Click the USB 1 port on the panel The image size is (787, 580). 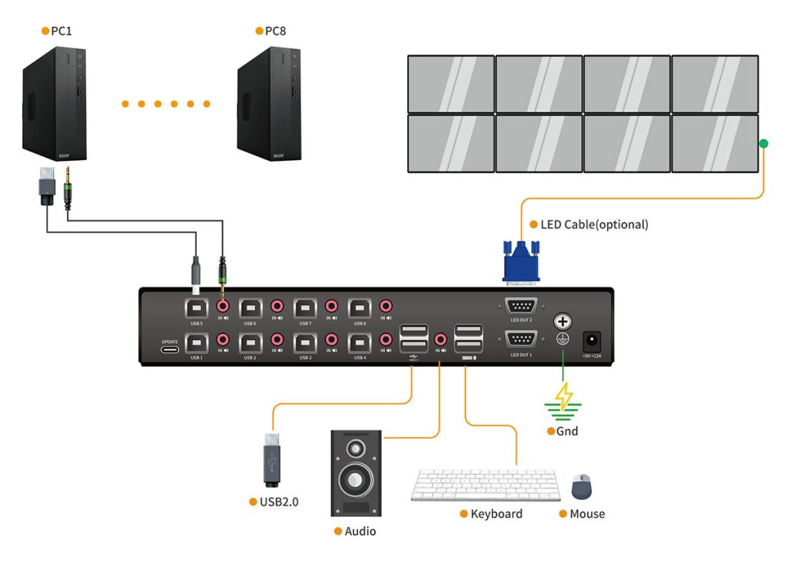point(197,341)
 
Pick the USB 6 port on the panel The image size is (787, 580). point(251,308)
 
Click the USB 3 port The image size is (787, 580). point(305,341)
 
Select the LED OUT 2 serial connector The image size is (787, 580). point(521,305)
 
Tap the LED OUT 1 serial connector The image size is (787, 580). point(521,339)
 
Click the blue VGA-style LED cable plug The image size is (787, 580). point(521,262)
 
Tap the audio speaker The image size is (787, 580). point(355,472)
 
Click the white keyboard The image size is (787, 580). point(486,485)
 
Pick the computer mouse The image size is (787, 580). point(583,486)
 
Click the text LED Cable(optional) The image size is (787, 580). point(594,225)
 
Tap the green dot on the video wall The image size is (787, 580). point(763,143)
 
